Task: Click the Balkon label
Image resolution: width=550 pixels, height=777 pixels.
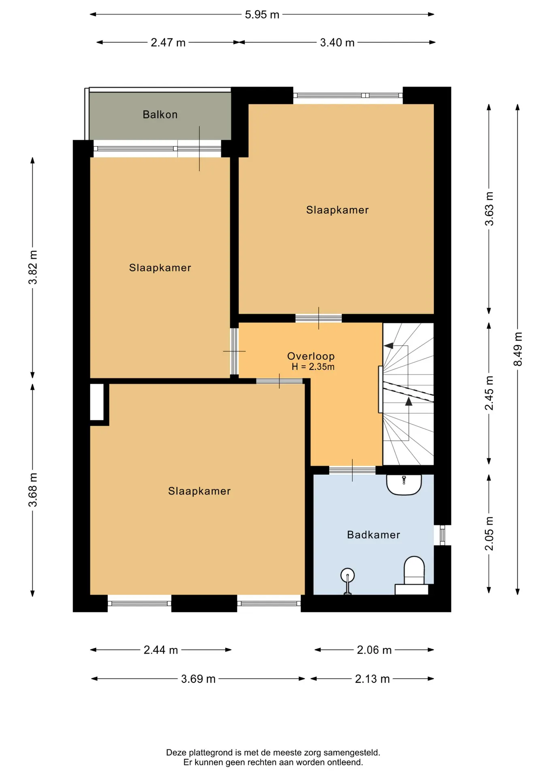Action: pyautogui.click(x=160, y=115)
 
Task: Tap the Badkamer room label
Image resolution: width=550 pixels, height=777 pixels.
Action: pyautogui.click(x=373, y=535)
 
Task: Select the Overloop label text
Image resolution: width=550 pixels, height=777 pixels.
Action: pyautogui.click(x=311, y=356)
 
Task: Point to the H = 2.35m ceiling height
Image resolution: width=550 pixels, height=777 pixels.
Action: pyautogui.click(x=313, y=367)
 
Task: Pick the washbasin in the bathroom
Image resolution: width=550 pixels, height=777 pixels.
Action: pyautogui.click(x=404, y=484)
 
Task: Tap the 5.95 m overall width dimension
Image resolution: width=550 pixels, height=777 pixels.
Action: pyautogui.click(x=262, y=15)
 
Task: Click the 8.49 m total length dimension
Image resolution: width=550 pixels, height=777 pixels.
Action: pyautogui.click(x=518, y=349)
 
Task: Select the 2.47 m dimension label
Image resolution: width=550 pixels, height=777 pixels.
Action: pyautogui.click(x=168, y=42)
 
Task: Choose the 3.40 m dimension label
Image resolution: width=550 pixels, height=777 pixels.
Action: pyautogui.click(x=337, y=42)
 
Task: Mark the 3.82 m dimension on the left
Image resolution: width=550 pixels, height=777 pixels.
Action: pyautogui.click(x=33, y=267)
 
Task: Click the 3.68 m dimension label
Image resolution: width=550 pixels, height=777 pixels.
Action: pyautogui.click(x=33, y=490)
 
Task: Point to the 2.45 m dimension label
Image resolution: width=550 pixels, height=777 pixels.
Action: pyautogui.click(x=489, y=393)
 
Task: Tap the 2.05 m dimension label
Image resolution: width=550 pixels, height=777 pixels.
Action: pyautogui.click(x=489, y=533)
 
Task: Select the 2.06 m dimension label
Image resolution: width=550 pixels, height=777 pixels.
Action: pyautogui.click(x=374, y=650)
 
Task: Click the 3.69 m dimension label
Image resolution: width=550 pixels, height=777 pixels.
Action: pyautogui.click(x=198, y=679)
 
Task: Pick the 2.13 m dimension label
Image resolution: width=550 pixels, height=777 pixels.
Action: pyautogui.click(x=372, y=679)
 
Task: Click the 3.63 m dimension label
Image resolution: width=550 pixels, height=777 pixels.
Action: pyautogui.click(x=489, y=209)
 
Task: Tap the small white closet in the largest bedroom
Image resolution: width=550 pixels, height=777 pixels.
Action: pyautogui.click(x=97, y=402)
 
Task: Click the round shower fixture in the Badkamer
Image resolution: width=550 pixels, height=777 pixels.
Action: pyautogui.click(x=347, y=575)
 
